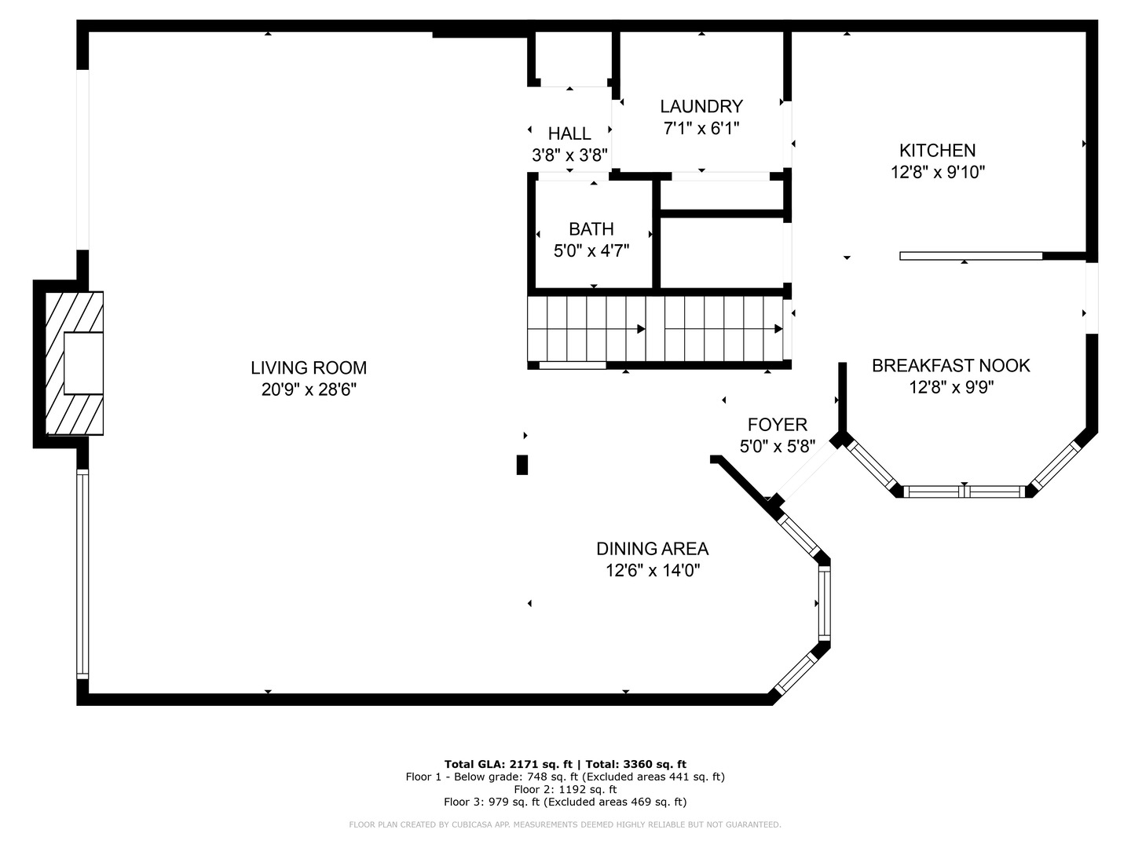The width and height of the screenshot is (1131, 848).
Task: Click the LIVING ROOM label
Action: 309,367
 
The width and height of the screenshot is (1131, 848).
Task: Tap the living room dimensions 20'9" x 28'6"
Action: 309,389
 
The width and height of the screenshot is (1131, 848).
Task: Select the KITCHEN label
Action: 937,150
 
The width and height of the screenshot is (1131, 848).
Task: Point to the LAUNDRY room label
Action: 701,106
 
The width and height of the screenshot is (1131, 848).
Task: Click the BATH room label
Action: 591,228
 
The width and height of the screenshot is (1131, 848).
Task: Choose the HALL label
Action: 569,133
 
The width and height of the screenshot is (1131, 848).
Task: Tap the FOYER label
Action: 777,424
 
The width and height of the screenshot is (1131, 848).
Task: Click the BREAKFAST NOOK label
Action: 950,365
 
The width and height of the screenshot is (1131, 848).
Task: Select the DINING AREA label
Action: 653,548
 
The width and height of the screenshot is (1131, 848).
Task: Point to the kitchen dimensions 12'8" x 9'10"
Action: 938,172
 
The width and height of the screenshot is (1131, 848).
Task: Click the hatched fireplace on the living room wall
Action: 74,363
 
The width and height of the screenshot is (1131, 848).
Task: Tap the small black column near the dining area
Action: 522,464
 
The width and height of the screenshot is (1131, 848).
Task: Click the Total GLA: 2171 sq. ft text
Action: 508,764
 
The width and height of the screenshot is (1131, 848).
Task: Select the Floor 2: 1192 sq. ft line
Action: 565,789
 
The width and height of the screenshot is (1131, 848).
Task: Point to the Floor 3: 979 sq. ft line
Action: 565,802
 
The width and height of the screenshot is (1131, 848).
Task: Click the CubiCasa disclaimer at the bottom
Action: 565,824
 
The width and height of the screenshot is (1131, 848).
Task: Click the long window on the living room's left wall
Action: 82,573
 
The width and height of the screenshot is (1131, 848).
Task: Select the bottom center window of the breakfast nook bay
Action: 964,492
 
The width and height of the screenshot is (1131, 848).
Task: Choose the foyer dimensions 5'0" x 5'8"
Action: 777,446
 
